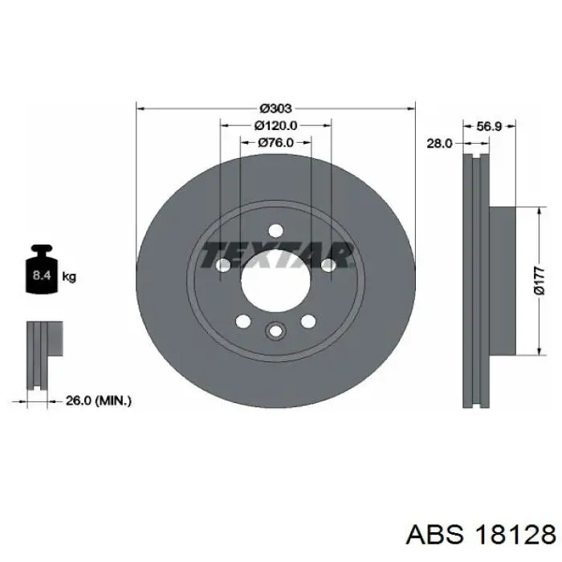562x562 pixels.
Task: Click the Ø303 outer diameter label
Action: coord(275,108)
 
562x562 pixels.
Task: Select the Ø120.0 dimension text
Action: coord(275,125)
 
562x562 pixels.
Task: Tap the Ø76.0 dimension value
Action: coord(275,143)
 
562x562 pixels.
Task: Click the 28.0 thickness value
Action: coord(439,143)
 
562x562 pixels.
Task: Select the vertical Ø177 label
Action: coord(539,281)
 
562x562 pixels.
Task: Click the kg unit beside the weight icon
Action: coord(69,277)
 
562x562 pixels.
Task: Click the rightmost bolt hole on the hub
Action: coord(327,266)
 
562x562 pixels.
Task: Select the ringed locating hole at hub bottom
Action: coord(275,331)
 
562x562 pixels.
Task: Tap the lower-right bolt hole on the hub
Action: coord(307,321)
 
